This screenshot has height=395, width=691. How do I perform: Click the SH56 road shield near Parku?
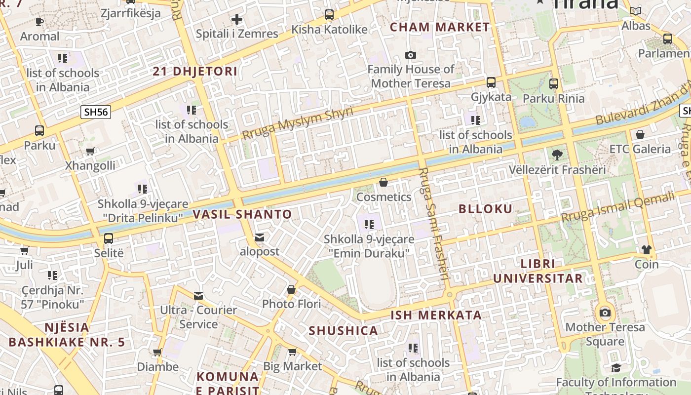coord(96,112)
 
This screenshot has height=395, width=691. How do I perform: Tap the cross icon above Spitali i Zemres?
coord(237,19)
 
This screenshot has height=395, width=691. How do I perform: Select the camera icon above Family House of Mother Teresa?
coord(410,55)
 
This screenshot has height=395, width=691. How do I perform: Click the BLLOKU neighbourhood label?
coord(486,209)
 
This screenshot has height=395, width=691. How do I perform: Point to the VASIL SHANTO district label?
coord(242,214)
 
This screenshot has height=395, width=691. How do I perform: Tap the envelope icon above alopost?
coord(260,237)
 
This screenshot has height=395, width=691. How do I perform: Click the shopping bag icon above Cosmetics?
coord(383,183)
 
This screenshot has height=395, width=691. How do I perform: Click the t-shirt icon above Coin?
coord(646,250)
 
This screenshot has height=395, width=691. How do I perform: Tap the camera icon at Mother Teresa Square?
coord(605,313)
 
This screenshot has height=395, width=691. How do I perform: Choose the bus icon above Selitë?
coord(109,238)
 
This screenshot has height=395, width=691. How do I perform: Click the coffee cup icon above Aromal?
coord(39,22)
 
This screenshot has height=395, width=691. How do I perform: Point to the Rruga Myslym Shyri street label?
coord(298,123)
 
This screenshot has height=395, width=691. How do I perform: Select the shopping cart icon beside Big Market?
coord(292,352)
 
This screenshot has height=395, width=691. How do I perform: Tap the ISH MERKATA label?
coord(436,315)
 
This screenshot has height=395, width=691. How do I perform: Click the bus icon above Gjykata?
coord(491,82)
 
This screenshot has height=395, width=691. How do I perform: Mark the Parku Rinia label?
coord(553,98)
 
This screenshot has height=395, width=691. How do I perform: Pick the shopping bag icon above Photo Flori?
coord(291,289)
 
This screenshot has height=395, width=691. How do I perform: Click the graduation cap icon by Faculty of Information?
coord(616,368)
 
